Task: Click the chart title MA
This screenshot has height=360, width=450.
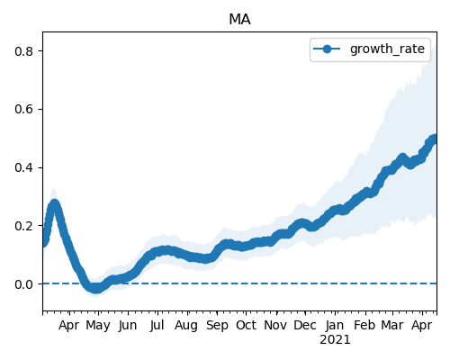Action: pyautogui.click(x=239, y=20)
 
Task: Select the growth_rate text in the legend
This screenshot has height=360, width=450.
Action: pyautogui.click(x=387, y=49)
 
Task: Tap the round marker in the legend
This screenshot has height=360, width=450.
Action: pyautogui.click(x=327, y=49)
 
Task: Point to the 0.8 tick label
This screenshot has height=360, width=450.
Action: pyautogui.click(x=23, y=51)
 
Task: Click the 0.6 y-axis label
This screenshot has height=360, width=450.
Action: pyautogui.click(x=23, y=109)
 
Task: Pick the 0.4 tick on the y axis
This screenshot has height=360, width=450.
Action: pyautogui.click(x=23, y=167)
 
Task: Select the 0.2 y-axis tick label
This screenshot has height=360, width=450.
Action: pyautogui.click(x=23, y=226)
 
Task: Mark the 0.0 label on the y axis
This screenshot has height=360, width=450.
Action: pyautogui.click(x=23, y=283)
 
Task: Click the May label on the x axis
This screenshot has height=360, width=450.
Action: pyautogui.click(x=98, y=326)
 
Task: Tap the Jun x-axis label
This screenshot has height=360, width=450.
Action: pyautogui.click(x=128, y=326)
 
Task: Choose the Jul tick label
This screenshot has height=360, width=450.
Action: pyautogui.click(x=157, y=326)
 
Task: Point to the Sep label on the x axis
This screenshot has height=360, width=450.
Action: pyautogui.click(x=217, y=326)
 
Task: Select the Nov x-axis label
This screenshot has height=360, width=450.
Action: pyautogui.click(x=275, y=326)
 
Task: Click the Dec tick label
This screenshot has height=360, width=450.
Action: pyautogui.click(x=305, y=326)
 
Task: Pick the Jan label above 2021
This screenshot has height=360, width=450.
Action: pyautogui.click(x=335, y=326)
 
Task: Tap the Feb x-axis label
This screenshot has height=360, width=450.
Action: pyautogui.click(x=364, y=326)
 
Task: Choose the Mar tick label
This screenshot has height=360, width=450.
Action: pyautogui.click(x=392, y=326)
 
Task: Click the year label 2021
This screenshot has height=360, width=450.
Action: pyautogui.click(x=335, y=340)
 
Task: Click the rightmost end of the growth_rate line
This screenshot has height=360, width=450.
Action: pyautogui.click(x=435, y=139)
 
